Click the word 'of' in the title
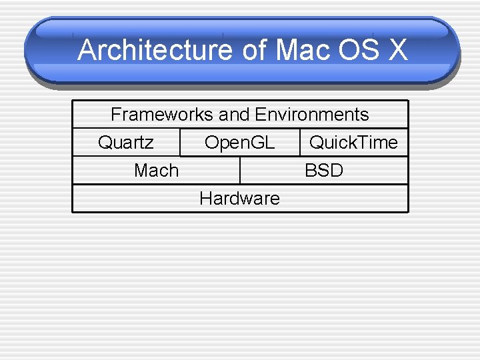tap(253, 51)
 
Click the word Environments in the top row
tap(312, 115)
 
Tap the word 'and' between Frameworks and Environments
tap(234, 115)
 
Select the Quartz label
tap(125, 143)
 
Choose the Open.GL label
tap(239, 143)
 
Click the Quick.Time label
tap(353, 143)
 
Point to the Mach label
tap(156, 171)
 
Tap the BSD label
tap(324, 171)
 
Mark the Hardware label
tap(239, 199)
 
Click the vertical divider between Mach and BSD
tap(240, 170)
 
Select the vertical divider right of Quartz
tap(180, 142)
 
